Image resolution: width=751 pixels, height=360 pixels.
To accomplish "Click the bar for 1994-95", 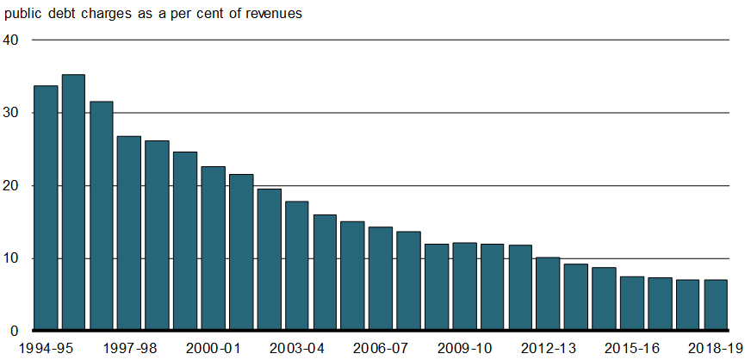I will pos(45,208).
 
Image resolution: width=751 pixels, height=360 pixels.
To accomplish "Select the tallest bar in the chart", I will pos(73,202).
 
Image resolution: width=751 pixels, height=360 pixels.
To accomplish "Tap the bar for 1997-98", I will pos(129,233).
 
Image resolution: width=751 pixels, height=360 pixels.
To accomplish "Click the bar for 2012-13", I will pos(548,293).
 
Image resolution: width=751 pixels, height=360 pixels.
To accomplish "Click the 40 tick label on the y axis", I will pos(12,40).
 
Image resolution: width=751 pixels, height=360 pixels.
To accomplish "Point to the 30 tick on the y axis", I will pos(12,113).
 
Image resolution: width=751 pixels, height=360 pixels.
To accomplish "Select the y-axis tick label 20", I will pos(12,186).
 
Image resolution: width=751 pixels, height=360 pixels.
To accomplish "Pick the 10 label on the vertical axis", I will pos(12,258).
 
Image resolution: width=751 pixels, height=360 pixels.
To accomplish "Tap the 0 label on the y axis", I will pos(16,331).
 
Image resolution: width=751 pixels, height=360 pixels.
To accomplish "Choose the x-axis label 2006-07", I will pos(380,348).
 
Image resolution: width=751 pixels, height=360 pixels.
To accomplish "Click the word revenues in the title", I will pos(271,15).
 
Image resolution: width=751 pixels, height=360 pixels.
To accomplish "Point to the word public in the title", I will pos(22,15).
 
